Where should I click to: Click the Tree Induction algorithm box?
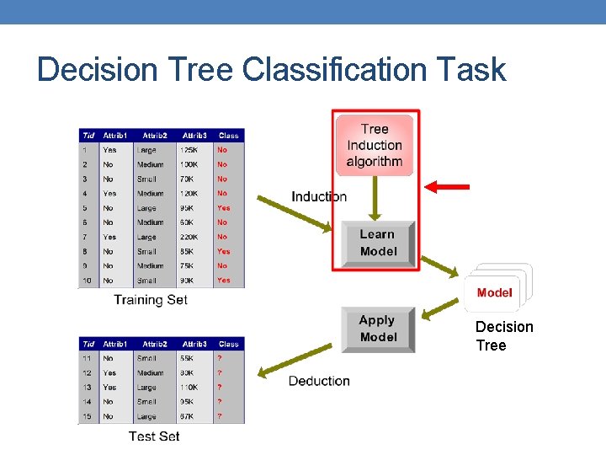(375, 145)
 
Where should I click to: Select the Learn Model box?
(377, 243)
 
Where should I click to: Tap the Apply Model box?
(378, 329)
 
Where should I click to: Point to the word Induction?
(319, 196)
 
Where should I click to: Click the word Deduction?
(319, 381)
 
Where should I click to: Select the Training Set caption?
(151, 299)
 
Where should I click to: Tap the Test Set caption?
(154, 436)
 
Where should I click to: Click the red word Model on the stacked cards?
(494, 292)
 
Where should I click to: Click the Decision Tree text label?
(504, 336)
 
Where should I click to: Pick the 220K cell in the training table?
(190, 237)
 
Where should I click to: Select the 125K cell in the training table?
(190, 150)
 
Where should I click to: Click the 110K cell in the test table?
(190, 387)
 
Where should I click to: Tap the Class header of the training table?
(228, 135)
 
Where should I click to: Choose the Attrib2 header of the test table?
(155, 344)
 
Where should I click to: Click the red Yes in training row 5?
(223, 207)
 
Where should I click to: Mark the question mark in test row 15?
(220, 415)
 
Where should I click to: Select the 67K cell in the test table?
(189, 415)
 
